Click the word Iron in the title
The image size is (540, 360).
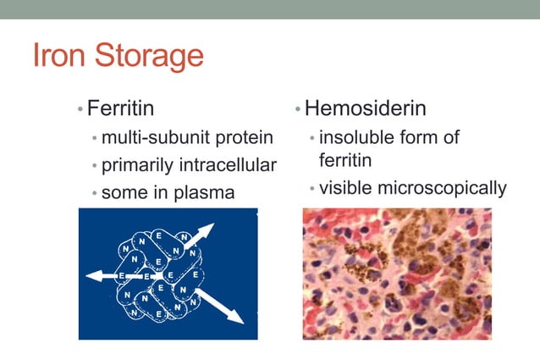coord(61,57)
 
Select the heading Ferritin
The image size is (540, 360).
coord(120,109)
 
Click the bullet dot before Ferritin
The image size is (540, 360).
coord(80,110)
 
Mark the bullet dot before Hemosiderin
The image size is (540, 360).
coord(298,110)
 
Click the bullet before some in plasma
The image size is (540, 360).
coord(95,193)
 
